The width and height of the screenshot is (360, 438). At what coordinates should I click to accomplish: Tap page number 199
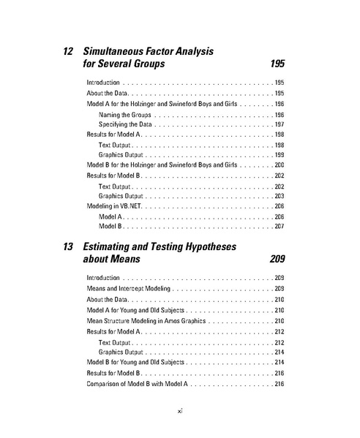click(279, 156)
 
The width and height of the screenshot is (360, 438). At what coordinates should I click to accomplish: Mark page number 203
click(279, 197)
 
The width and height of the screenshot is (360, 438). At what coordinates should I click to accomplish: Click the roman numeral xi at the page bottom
click(180, 410)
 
